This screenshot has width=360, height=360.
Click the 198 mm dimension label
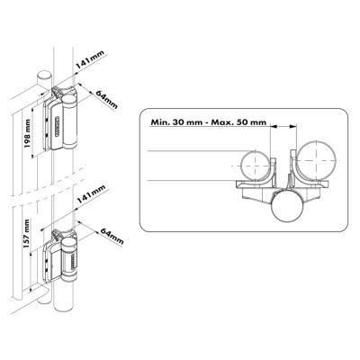click(x=27, y=133)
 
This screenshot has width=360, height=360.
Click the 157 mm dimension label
click(x=27, y=234)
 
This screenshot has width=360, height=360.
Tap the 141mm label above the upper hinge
click(x=90, y=60)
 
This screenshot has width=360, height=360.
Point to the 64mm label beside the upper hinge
click(x=106, y=100)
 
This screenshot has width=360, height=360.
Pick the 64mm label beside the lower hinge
click(x=112, y=237)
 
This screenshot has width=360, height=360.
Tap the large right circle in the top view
click(x=318, y=160)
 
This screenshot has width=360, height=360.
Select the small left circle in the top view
click(x=255, y=166)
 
